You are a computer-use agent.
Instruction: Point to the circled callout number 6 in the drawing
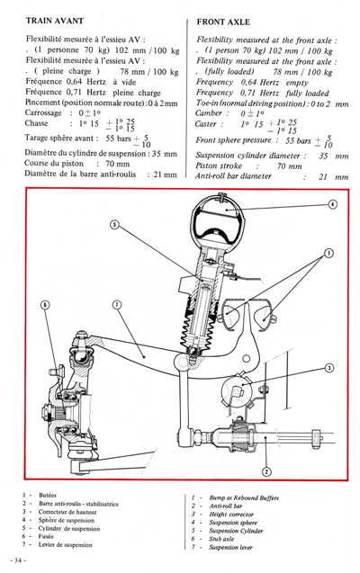[x=45, y=304]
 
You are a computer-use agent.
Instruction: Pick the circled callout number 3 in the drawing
[x=329, y=367]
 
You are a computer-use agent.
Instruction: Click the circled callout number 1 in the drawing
[x=329, y=253]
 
